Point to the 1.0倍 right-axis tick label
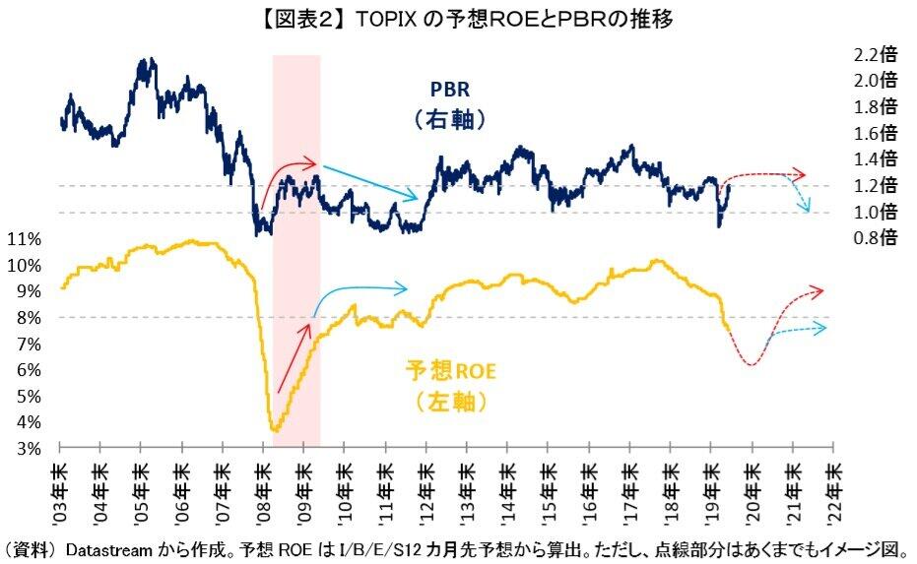click(877, 212)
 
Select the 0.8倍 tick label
click(877, 237)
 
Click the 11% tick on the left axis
click(24, 239)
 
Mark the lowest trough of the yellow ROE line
click(275, 430)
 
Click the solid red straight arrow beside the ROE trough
click(294, 358)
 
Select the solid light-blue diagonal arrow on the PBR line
click(375, 182)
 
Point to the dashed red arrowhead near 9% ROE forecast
click(817, 290)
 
